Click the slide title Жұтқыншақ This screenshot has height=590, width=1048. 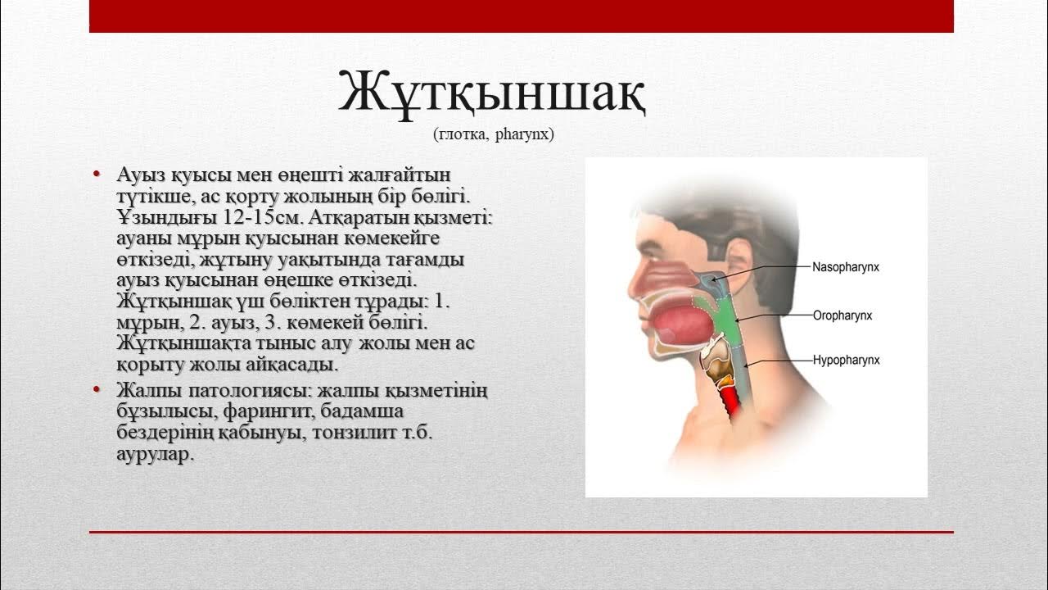coord(494,93)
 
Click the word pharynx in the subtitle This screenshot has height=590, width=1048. coord(525,134)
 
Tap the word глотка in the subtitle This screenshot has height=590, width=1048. coord(463,134)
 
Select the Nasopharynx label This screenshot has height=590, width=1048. coord(846,267)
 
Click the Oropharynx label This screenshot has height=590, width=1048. coord(842,315)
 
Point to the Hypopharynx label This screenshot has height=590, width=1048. coord(846,360)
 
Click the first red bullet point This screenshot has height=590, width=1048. coord(97,174)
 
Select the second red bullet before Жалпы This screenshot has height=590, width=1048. coord(97,388)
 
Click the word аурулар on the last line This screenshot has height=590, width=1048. coord(155,453)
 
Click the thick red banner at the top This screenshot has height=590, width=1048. coord(521,16)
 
